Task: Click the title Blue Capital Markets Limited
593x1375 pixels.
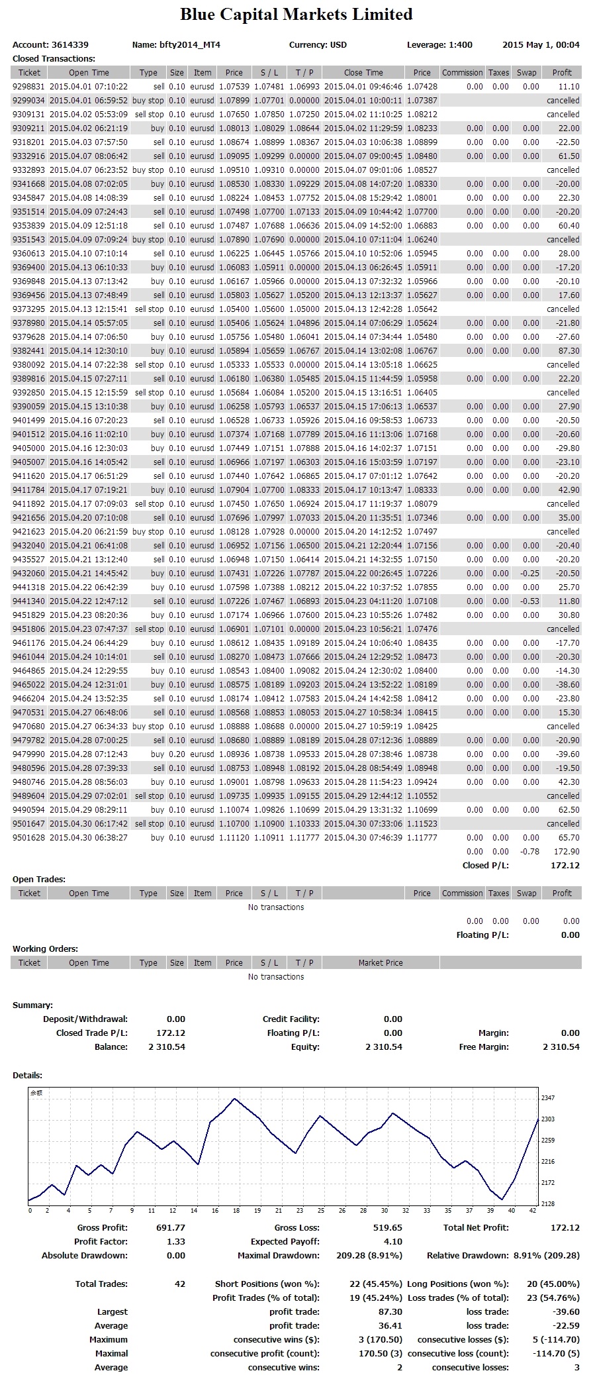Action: (296, 15)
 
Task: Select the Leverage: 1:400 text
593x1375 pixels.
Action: (439, 45)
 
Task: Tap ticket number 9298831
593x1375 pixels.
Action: (28, 87)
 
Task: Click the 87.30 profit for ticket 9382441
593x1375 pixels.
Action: (569, 351)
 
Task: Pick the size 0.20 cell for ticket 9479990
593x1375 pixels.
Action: (177, 754)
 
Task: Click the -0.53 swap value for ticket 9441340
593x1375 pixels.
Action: (531, 601)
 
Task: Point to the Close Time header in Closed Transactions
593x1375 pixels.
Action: (363, 73)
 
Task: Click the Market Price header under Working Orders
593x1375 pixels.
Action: (381, 963)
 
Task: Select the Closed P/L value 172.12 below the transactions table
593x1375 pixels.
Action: (565, 866)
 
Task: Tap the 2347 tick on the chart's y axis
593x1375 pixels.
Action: (548, 1098)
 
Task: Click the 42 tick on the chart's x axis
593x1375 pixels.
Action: (533, 1210)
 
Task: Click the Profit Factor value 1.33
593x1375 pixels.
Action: (176, 1242)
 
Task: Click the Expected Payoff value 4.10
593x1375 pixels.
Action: (392, 1242)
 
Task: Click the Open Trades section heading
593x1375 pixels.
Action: (39, 880)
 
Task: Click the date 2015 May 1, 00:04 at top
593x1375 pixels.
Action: (541, 45)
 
